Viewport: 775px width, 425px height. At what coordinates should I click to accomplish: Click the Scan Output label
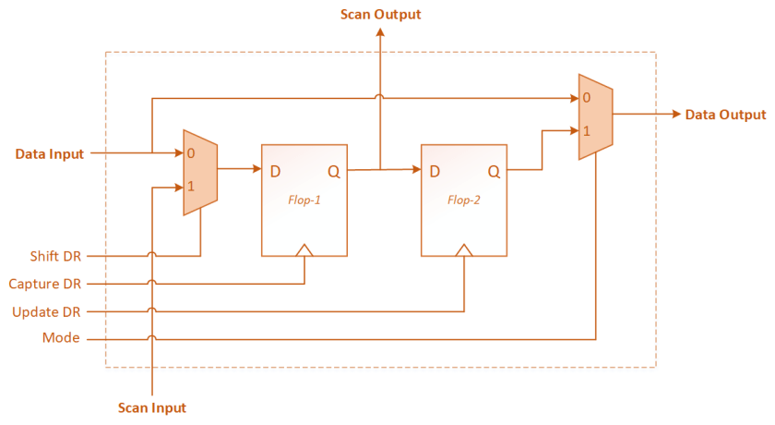pos(380,14)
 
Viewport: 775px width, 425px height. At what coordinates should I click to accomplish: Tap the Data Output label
pos(725,115)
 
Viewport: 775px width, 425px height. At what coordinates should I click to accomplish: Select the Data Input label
pos(50,153)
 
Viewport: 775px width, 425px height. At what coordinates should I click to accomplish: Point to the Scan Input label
pos(152,407)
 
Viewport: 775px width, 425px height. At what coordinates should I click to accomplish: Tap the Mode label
pos(62,339)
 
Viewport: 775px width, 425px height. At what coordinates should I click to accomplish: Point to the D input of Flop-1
pos(276,171)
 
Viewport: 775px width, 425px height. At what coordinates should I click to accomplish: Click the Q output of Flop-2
pos(494,171)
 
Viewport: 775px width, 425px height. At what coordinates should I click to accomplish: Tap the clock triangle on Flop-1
pos(304,249)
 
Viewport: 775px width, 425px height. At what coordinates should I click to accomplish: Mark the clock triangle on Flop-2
pos(464,249)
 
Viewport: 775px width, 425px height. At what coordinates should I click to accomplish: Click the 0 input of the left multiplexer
pos(191,153)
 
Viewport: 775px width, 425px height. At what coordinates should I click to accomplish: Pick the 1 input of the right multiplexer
pos(587,131)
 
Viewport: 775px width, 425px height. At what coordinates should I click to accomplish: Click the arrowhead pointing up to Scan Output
pos(380,33)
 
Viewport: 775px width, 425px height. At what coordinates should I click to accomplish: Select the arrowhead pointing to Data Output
pos(675,115)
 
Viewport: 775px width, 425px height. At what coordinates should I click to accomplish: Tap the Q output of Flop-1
pos(334,171)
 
